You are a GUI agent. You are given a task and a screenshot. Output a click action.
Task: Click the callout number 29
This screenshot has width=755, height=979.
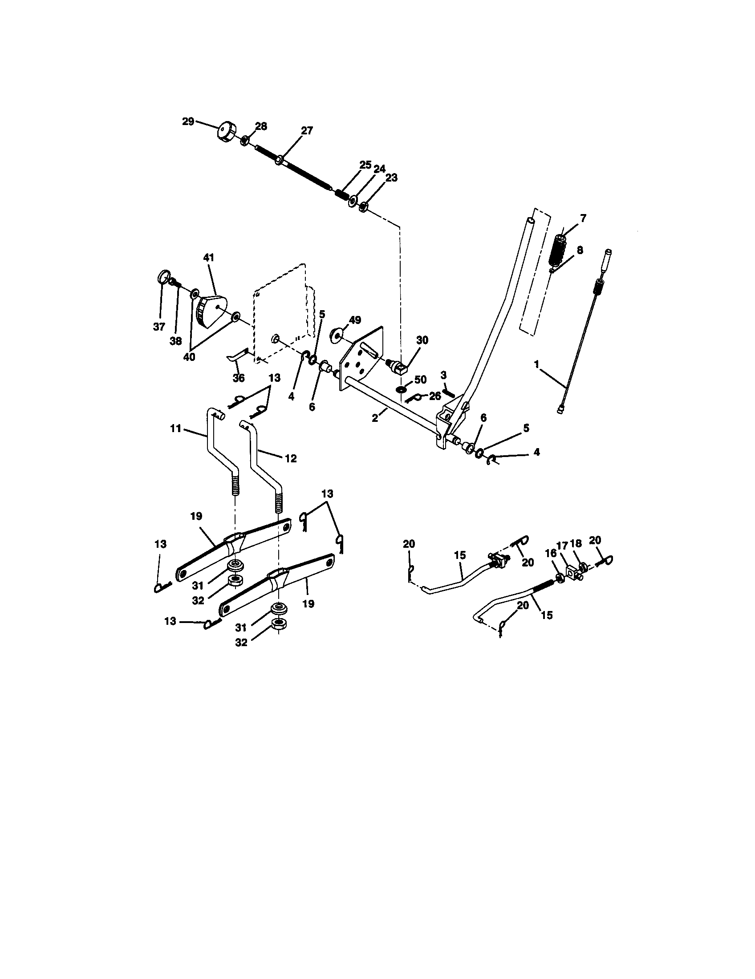[x=188, y=121]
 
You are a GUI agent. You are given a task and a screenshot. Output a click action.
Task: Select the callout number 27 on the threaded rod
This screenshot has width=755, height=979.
[x=307, y=131]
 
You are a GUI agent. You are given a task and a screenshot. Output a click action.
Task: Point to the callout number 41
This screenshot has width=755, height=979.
[x=209, y=258]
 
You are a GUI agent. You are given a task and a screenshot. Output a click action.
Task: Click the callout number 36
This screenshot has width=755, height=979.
[x=239, y=378]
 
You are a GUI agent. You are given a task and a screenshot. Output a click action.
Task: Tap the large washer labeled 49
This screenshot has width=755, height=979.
[x=335, y=335]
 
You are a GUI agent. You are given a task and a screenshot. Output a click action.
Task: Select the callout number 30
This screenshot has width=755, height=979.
[x=422, y=340]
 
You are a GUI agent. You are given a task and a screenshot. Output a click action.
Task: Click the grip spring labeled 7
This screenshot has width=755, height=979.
[x=559, y=250]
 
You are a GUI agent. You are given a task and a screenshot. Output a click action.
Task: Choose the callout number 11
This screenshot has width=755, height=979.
[x=176, y=429]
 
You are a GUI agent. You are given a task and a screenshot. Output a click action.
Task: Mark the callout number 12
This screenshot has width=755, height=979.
[x=291, y=458]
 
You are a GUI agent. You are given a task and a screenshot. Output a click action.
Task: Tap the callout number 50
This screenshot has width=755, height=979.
[x=420, y=380]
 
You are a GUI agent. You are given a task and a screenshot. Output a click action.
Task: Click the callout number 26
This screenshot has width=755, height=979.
[x=435, y=396]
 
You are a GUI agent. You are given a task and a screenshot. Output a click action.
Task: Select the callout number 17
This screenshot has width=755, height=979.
[x=562, y=545]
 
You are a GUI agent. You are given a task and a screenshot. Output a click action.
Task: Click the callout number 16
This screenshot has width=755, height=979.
[x=549, y=554]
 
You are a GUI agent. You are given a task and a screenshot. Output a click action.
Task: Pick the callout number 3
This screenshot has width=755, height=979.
[x=443, y=374]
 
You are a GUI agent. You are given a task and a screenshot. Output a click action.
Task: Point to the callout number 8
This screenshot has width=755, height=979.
[x=580, y=250]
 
